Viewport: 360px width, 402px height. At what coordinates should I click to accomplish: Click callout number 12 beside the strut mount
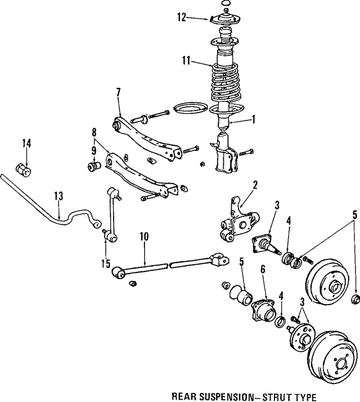(181, 17)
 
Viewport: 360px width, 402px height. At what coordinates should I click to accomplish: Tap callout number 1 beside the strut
(254, 119)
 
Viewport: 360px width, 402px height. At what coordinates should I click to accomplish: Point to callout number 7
(118, 92)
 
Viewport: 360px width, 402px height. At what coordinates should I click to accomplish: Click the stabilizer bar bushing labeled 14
(25, 168)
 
